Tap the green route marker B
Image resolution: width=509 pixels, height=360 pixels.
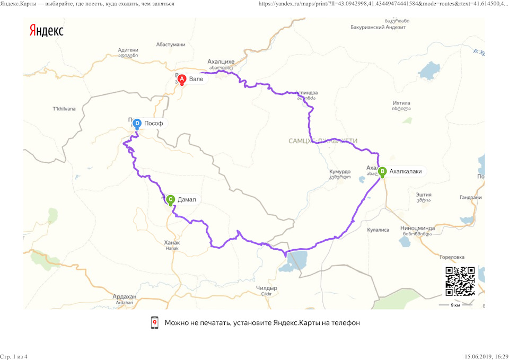click(382, 171)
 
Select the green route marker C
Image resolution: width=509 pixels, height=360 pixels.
click(171, 200)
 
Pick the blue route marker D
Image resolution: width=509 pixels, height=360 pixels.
click(137, 124)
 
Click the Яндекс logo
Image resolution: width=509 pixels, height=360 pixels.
click(46, 31)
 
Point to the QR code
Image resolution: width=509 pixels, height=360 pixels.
click(460, 281)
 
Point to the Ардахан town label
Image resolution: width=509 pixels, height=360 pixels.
click(124, 296)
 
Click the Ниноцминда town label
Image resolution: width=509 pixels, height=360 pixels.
click(418, 229)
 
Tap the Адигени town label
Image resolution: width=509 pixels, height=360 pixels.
click(128, 51)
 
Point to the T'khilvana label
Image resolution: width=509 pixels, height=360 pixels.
click(64, 109)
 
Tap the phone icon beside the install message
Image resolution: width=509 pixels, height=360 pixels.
click(155, 323)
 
